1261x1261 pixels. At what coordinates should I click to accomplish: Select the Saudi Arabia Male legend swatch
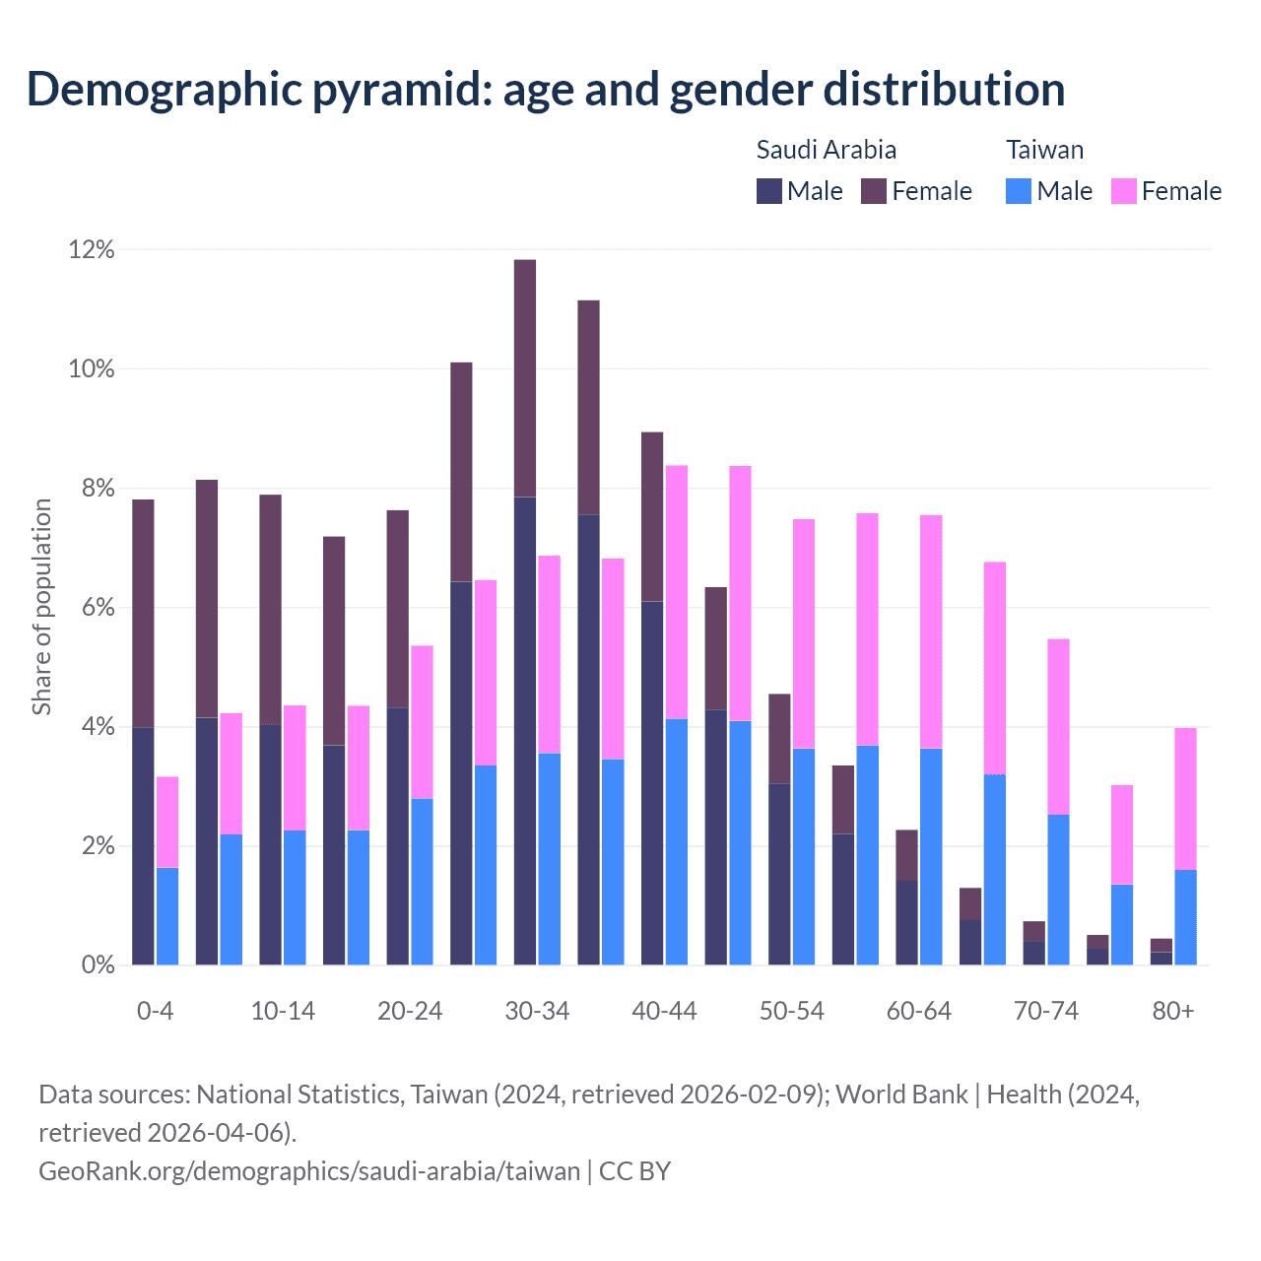point(769,191)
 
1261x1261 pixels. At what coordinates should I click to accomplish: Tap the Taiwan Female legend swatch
point(1124,191)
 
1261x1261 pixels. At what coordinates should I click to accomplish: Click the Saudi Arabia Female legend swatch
point(874,191)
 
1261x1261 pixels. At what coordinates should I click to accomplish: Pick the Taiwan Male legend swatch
point(1019,191)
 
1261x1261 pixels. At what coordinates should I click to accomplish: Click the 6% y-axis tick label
point(97,608)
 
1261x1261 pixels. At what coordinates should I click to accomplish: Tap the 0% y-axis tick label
point(97,965)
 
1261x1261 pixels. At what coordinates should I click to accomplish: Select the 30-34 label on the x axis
point(537,1011)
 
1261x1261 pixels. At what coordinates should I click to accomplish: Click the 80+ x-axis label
point(1173,1011)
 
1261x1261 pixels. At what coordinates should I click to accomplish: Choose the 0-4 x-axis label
point(156,1011)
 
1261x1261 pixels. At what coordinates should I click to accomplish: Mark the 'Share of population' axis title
point(41,607)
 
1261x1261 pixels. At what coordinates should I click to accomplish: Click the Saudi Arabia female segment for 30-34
point(525,378)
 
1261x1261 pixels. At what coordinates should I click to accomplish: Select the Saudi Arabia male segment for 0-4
point(144,846)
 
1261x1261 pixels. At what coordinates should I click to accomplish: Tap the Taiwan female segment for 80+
point(1186,799)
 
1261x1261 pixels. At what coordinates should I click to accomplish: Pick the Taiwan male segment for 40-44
point(677,842)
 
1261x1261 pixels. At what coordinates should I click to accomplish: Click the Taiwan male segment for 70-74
point(1058,890)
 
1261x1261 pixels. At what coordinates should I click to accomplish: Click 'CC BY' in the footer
point(634,1171)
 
